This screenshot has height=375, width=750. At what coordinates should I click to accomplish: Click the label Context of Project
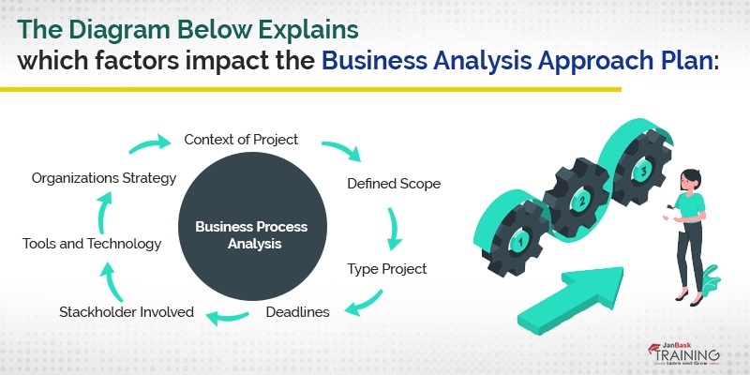point(241,140)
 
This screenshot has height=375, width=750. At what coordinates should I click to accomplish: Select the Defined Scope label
point(394,183)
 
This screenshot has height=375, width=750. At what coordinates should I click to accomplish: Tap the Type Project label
point(387,269)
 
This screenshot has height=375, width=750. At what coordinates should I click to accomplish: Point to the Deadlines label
point(297,311)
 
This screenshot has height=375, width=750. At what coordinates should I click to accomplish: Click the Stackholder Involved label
point(127,311)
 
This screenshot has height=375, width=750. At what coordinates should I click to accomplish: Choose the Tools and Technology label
point(92,244)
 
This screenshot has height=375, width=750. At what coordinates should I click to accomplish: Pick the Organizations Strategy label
point(104,177)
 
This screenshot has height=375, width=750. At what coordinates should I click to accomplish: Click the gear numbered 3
point(640,172)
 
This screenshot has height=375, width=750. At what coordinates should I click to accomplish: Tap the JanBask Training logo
point(683,355)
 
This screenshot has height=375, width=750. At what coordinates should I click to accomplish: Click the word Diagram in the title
point(141,28)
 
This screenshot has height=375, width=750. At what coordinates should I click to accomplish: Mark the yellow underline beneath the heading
point(309,90)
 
